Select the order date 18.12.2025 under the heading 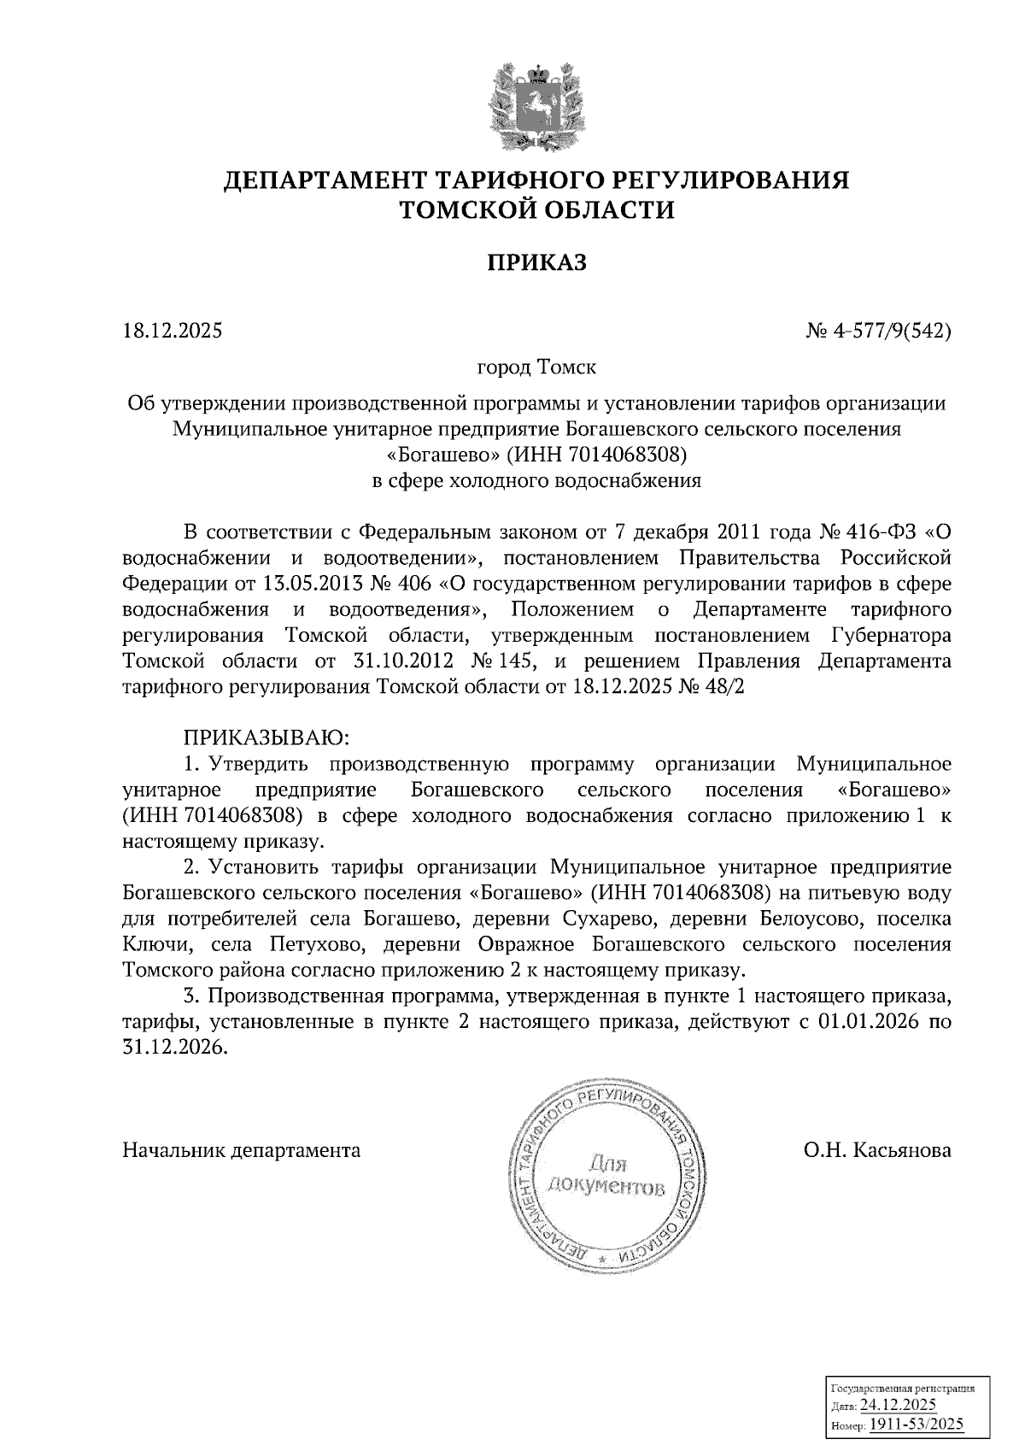(x=173, y=330)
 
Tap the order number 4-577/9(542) (x=888, y=330)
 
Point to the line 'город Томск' (x=536, y=368)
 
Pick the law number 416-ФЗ (x=878, y=532)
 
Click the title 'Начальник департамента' (x=242, y=1150)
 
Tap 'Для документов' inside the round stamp (x=606, y=1175)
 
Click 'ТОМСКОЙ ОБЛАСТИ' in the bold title (x=536, y=209)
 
